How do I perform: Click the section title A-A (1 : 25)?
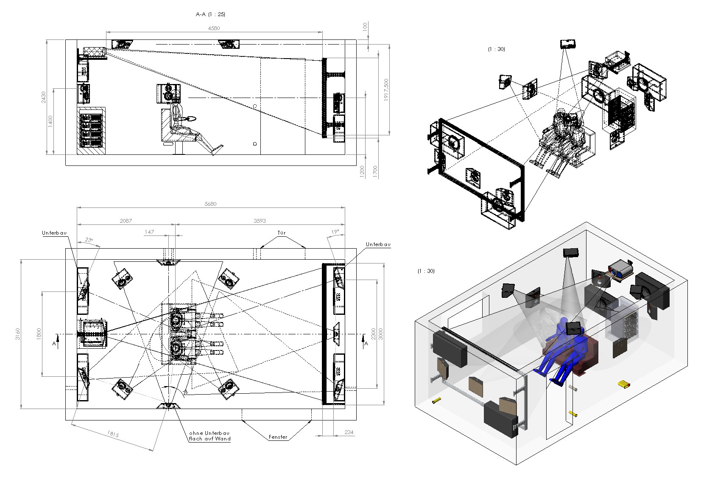[210, 14]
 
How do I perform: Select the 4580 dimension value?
[214, 28]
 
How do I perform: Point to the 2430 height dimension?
[44, 97]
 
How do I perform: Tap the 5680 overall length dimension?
[210, 204]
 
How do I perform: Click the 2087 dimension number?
[126, 221]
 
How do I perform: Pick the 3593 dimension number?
[260, 221]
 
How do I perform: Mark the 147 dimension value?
[149, 232]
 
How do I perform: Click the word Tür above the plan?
[282, 233]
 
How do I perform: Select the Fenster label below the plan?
[278, 437]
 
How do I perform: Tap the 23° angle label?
[89, 240]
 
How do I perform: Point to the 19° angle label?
[335, 232]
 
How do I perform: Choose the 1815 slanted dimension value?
[113, 434]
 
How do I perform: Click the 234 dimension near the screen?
[349, 432]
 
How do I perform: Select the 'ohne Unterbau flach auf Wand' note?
[210, 436]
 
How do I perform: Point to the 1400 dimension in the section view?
[50, 121]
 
